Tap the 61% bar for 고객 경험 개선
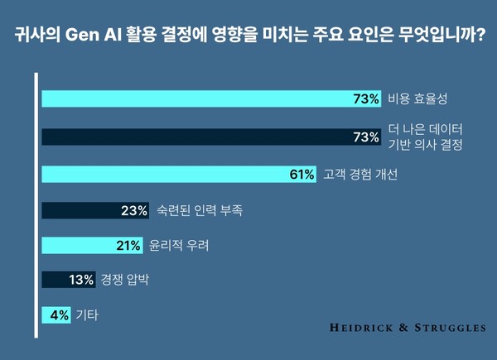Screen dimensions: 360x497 (x=179, y=175)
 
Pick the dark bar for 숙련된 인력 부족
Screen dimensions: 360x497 (x=95, y=210)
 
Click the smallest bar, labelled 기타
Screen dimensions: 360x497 (x=55, y=314)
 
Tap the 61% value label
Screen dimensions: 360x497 (x=302, y=175)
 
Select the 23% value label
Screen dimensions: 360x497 (x=133, y=210)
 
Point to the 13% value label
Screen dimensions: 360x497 (x=81, y=280)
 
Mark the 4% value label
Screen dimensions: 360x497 (x=57, y=314)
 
